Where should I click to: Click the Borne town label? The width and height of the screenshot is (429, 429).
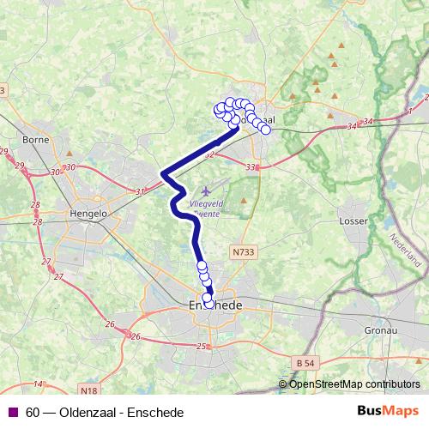(35, 138)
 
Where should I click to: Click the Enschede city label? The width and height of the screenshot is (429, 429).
(214, 305)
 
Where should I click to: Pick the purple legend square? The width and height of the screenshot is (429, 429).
(12, 412)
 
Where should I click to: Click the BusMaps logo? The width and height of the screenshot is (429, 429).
(389, 412)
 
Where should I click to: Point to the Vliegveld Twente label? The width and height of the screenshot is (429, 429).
(205, 207)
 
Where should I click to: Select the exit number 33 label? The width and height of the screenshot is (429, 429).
(251, 166)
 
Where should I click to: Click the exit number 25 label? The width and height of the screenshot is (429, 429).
(201, 346)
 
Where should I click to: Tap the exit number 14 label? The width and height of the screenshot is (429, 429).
(38, 384)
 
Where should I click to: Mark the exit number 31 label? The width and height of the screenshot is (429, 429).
(142, 191)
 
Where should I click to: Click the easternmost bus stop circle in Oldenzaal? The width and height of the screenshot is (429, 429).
(265, 130)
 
